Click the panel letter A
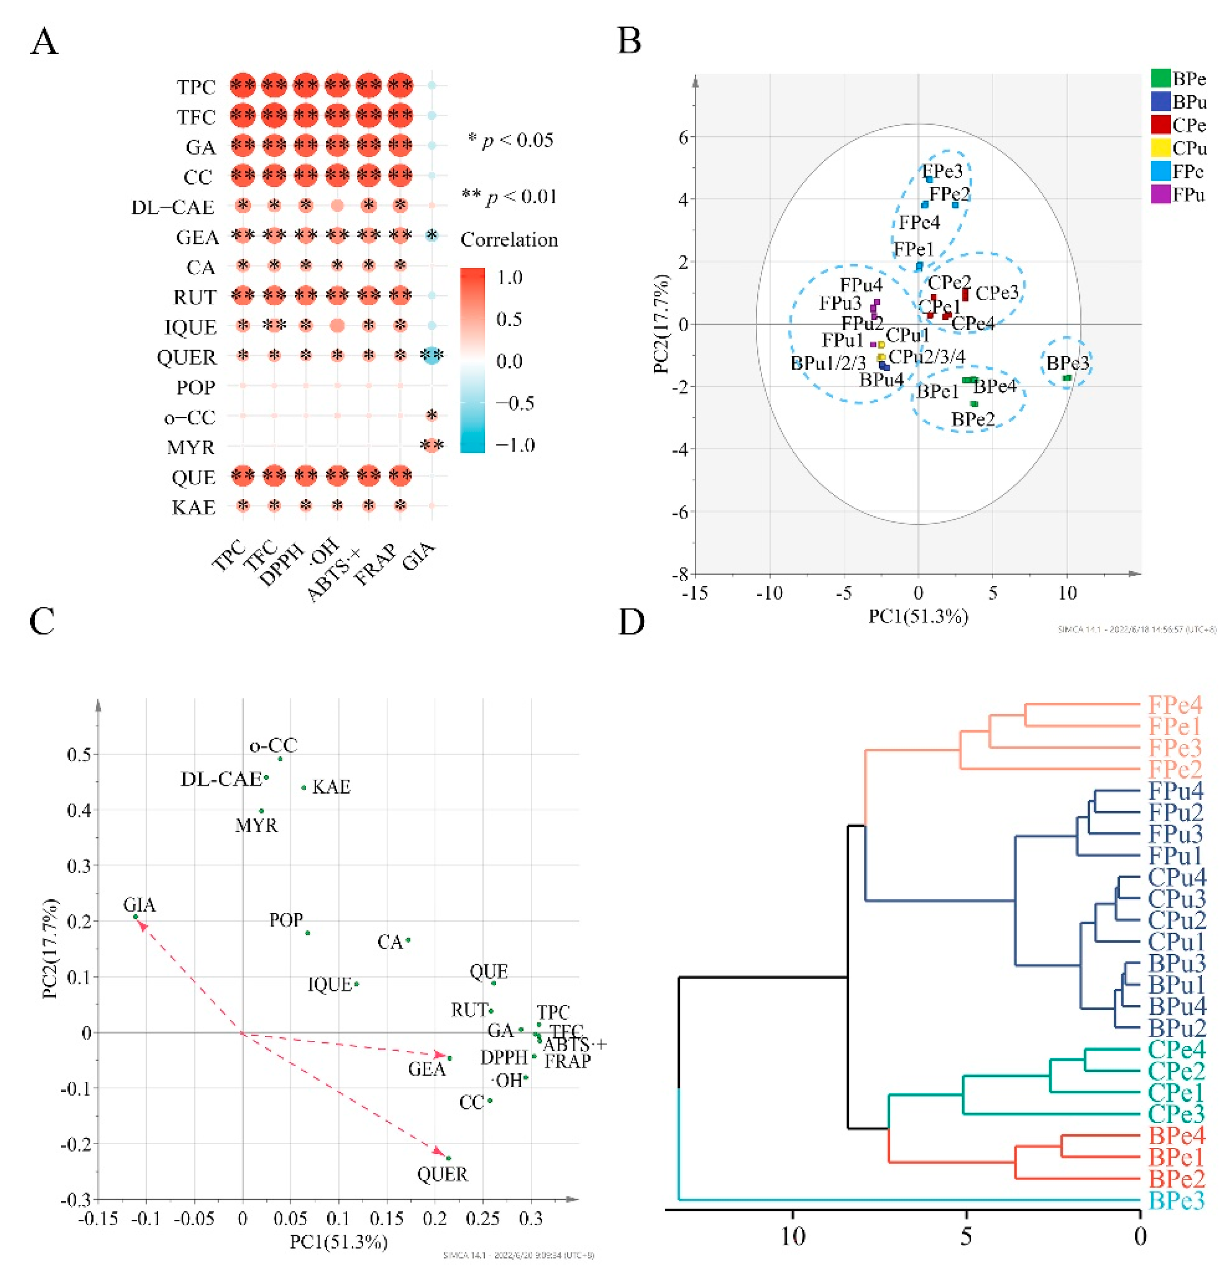click(44, 42)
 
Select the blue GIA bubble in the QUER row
click(432, 355)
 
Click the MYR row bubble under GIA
click(432, 446)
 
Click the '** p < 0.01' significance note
click(509, 196)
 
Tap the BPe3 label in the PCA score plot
click(1067, 362)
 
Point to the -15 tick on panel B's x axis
click(695, 592)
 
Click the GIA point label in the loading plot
click(140, 904)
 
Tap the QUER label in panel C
click(442, 1174)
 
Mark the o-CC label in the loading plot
click(274, 745)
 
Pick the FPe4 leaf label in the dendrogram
click(1175, 705)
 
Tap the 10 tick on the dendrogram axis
click(793, 1236)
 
